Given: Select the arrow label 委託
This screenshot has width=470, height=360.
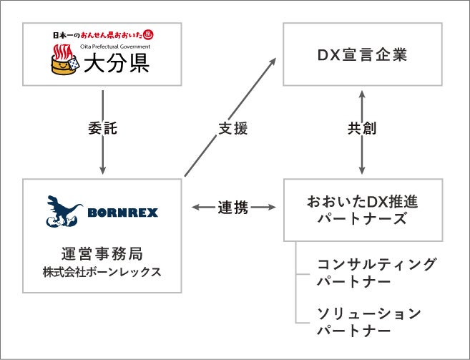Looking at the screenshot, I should tap(103, 130).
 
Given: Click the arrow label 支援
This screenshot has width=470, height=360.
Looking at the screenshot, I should tap(232, 130).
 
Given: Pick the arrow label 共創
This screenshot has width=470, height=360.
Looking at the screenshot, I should tap(362, 130).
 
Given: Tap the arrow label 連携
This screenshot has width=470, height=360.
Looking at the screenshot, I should tap(233, 208).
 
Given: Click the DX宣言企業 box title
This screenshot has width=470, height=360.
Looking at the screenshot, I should tap(362, 54).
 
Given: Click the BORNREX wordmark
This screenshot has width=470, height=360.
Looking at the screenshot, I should tap(122, 213).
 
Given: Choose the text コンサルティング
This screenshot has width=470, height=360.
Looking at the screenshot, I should tap(376, 264).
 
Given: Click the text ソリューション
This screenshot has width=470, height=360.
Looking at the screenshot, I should tap(369, 313).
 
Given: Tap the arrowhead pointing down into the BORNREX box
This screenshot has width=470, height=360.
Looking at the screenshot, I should tap(103, 170).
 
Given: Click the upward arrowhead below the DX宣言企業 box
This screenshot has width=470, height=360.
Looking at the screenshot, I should tap(362, 94).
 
